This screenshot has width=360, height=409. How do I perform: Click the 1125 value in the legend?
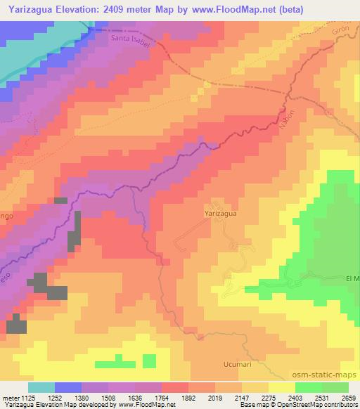pos(27,398)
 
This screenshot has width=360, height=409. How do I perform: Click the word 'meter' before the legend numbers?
pos(9,398)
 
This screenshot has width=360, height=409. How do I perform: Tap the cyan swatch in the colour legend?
pos(41,387)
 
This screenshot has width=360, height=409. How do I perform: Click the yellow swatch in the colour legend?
pos(281,387)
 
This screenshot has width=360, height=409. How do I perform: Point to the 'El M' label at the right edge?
pos(352,278)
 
